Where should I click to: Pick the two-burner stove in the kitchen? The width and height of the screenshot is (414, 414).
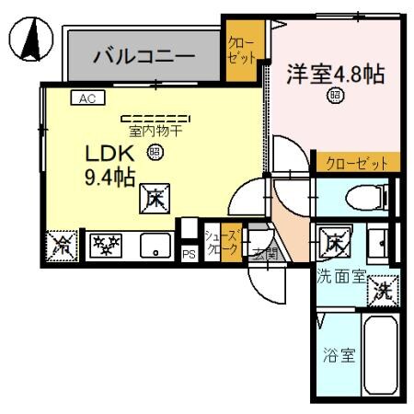(106, 245)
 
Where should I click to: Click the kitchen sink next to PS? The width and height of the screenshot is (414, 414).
(155, 245)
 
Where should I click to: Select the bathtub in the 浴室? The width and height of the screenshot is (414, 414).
(378, 355)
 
